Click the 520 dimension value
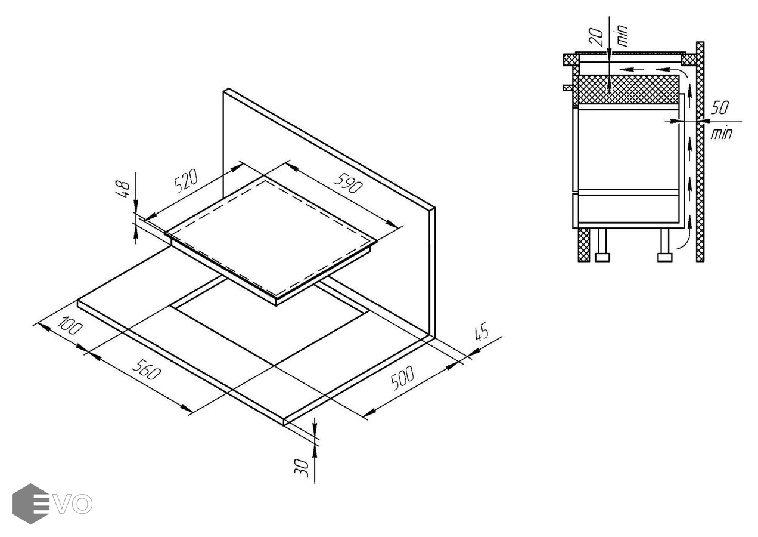(x=185, y=181)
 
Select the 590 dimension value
(x=348, y=183)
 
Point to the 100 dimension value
(x=70, y=326)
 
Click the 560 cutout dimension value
(x=146, y=370)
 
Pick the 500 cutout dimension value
(x=402, y=378)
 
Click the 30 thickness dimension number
(x=302, y=468)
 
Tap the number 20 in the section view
(x=597, y=37)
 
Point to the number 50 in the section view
(x=719, y=108)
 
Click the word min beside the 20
(x=622, y=36)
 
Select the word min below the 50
(x=721, y=134)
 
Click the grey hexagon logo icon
(x=30, y=504)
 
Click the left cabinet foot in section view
(x=602, y=245)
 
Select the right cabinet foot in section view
(x=664, y=245)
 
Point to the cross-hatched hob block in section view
(x=628, y=89)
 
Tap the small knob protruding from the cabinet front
(x=568, y=88)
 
